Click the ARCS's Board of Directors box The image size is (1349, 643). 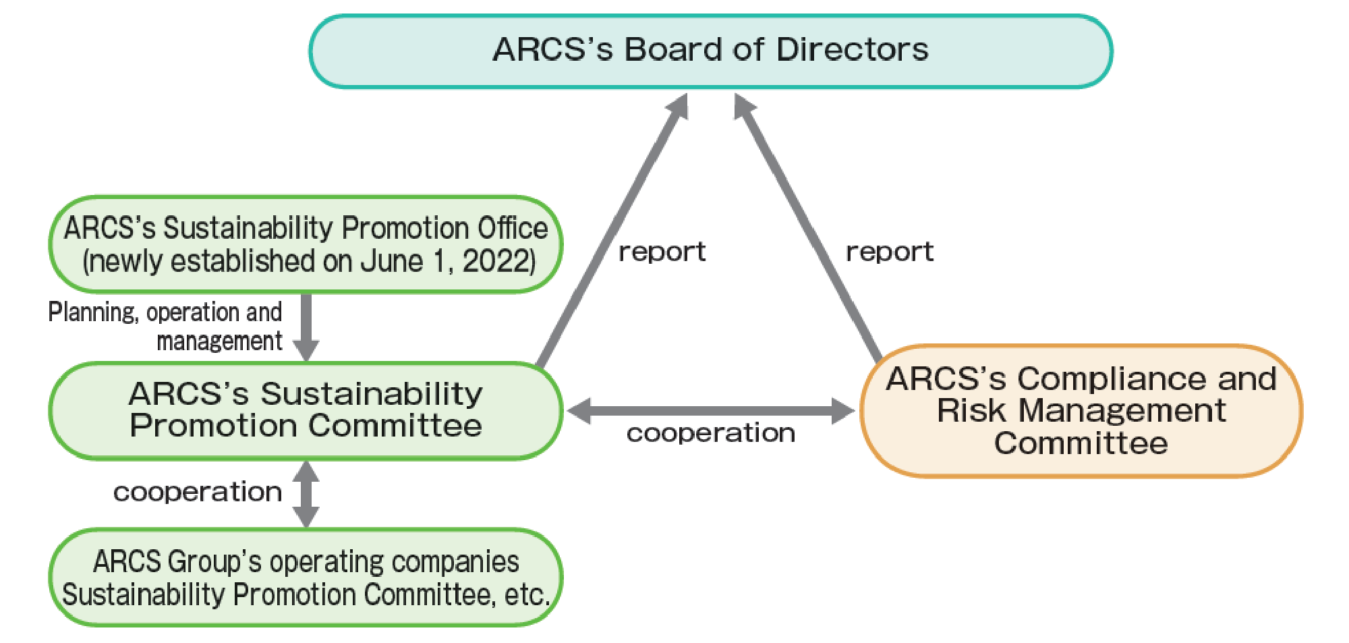tap(711, 51)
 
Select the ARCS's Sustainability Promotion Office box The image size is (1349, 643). tap(306, 244)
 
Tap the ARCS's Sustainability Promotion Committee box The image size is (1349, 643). tap(306, 411)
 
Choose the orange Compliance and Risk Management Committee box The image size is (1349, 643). tap(1081, 411)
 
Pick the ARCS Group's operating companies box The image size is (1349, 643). tap(306, 578)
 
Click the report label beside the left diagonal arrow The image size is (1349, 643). tap(662, 252)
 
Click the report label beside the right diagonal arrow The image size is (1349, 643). tap(890, 252)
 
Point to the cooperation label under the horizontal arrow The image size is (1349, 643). tap(711, 432)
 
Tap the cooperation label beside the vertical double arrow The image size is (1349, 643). tap(198, 492)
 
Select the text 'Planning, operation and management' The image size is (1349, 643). tap(165, 327)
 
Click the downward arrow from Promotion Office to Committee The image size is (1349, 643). tap(306, 328)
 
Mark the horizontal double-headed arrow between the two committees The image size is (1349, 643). tap(711, 411)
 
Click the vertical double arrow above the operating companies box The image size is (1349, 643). tap(306, 495)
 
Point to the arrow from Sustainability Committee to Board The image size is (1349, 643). tap(612, 231)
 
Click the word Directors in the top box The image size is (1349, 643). tap(853, 49)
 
